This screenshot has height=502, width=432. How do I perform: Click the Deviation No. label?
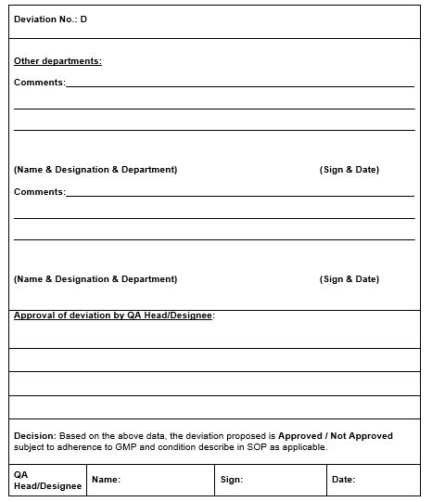[x=45, y=19]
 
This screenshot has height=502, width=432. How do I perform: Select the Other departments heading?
[x=57, y=61]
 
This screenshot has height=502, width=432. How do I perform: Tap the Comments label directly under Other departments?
[x=39, y=83]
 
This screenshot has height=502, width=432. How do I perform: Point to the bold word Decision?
[x=34, y=435]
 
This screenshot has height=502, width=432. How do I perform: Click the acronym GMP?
[x=126, y=447]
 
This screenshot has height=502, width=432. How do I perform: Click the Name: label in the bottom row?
[x=106, y=480]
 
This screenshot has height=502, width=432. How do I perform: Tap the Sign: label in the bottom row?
[x=232, y=480]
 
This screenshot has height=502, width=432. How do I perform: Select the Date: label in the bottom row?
[x=343, y=480]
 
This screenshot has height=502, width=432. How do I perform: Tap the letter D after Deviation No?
[x=83, y=19]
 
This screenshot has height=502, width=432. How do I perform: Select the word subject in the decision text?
[x=29, y=447]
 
